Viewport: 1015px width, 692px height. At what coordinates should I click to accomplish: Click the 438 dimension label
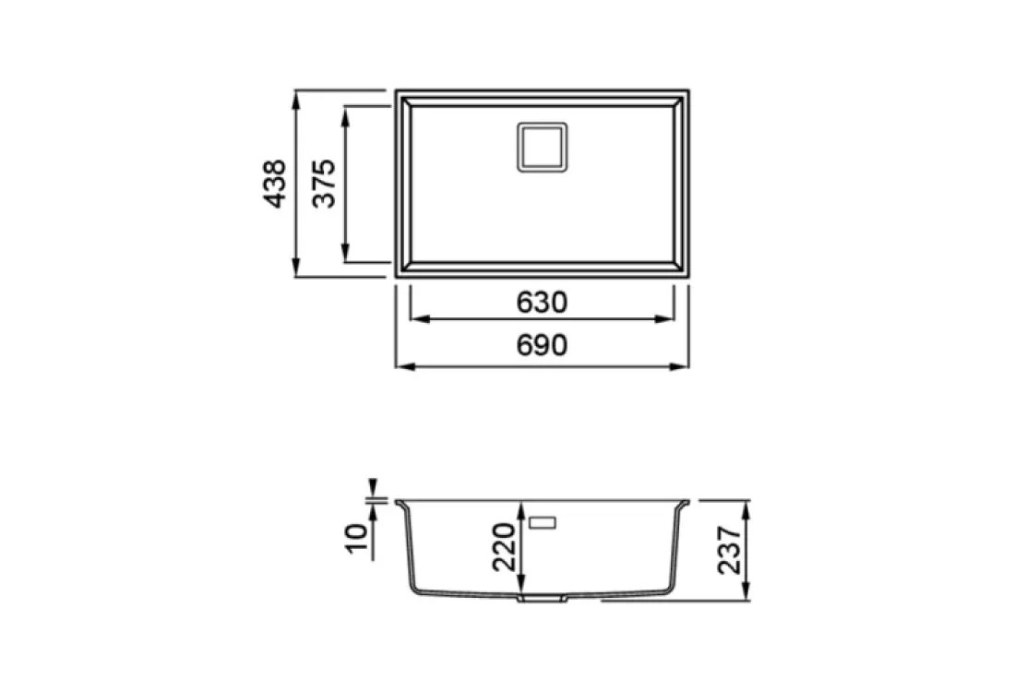point(274,184)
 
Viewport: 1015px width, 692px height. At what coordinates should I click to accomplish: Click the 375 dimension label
point(324,184)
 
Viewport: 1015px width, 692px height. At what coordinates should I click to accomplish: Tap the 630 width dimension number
point(542,303)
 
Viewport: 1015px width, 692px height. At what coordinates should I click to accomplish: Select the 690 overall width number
point(542,345)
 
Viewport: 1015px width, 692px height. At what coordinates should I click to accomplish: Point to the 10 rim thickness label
point(357,539)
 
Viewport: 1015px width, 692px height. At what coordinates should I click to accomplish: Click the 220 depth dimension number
point(504,547)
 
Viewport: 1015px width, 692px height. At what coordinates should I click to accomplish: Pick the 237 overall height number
point(729,550)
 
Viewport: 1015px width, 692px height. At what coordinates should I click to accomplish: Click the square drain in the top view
point(542,147)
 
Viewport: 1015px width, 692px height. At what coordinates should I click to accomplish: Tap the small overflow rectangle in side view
point(543,521)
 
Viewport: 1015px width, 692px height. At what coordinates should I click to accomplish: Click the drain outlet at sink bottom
point(542,599)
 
